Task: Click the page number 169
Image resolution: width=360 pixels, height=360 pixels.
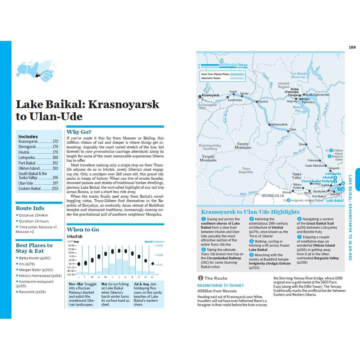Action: click(352, 47)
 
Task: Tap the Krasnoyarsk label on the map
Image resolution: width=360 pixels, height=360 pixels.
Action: click(211, 95)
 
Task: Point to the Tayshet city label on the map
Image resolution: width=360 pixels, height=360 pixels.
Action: click(263, 102)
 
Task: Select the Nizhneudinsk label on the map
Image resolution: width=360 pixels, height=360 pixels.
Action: click(279, 125)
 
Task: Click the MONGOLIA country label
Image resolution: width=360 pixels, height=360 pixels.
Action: click(273, 196)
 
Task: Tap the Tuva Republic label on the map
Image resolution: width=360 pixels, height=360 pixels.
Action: click(246, 170)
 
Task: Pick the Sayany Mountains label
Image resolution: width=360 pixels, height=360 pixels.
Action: click(243, 146)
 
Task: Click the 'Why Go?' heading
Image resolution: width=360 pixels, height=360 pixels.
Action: click(79, 132)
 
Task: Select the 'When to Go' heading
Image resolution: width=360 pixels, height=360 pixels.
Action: click(83, 230)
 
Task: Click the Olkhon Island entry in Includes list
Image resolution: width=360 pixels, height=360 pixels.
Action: click(29, 169)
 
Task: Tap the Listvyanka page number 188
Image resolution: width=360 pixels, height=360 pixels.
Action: click(55, 158)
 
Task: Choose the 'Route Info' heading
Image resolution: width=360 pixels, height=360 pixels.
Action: click(30, 208)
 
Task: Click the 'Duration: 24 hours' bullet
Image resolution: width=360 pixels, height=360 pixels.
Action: click(34, 221)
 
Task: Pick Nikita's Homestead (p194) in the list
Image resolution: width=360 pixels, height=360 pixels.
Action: click(40, 276)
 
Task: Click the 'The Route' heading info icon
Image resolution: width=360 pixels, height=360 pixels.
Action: click(200, 278)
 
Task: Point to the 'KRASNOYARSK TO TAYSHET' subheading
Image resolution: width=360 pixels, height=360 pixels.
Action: click(221, 285)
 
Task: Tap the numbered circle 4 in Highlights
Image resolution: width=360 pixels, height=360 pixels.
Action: click(252, 241)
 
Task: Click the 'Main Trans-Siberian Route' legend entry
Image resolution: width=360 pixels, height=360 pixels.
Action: click(215, 74)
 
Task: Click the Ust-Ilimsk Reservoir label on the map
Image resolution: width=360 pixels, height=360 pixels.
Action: click(298, 75)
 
